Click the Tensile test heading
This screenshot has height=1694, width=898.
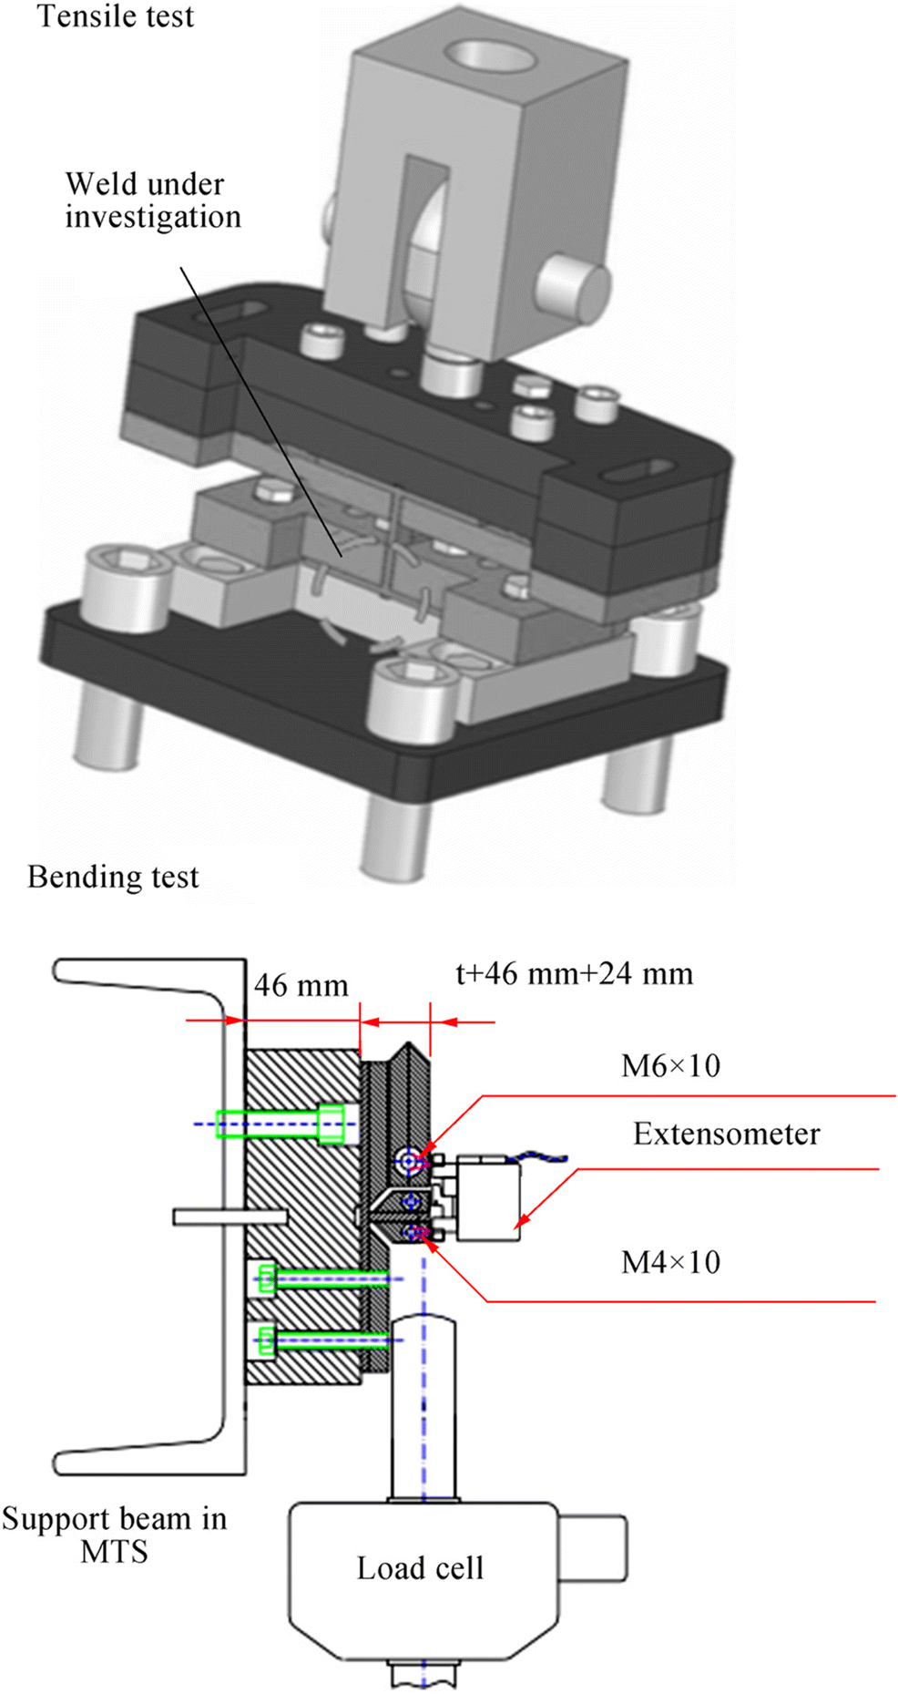pos(116,16)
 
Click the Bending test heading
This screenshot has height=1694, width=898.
pos(113,877)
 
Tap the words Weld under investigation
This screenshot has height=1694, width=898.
pos(153,200)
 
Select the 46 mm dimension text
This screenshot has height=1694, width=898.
pos(301,985)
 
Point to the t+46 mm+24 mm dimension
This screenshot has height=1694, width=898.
pos(574,973)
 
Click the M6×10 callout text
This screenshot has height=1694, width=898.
pos(670,1065)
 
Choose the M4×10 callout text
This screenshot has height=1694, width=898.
pos(670,1262)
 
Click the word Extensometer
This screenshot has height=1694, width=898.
pos(726,1134)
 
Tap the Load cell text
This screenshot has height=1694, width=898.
pos(420,1567)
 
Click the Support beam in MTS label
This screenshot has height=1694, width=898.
pos(114,1535)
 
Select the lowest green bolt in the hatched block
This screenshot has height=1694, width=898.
pos(319,1340)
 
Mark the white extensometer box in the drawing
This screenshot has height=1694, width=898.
pos(488,1198)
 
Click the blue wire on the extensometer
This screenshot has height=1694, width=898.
pos(543,1157)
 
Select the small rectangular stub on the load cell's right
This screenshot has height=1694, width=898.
pos(592,1548)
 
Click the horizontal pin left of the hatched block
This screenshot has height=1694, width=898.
pos(230,1217)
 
